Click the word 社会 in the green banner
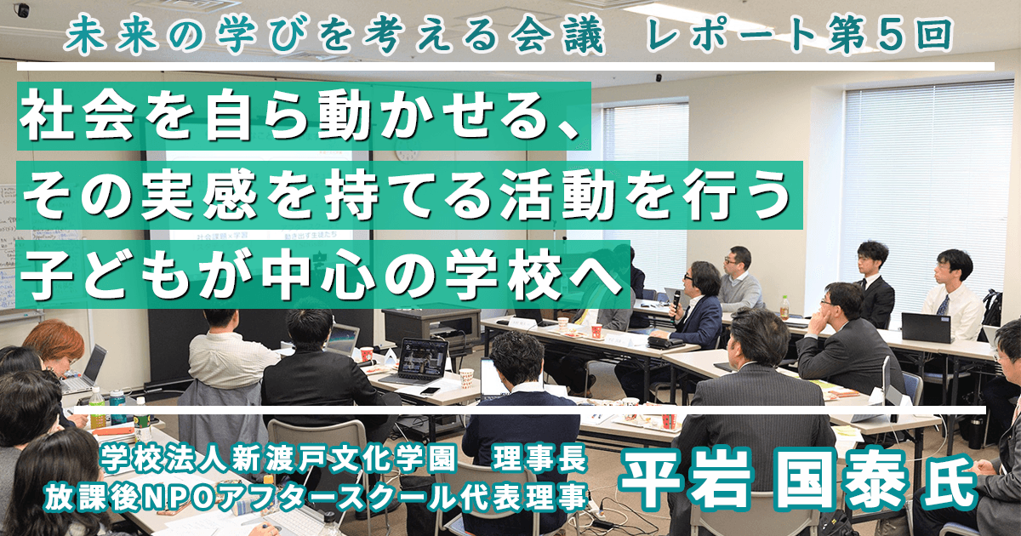tap(78, 117)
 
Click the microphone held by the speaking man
tap(676, 302)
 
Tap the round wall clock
tap(405, 152)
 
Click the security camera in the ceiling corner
tap(21, 9)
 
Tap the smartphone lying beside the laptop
tap(430, 391)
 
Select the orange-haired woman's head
tap(55, 343)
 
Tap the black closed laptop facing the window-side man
tap(927, 328)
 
